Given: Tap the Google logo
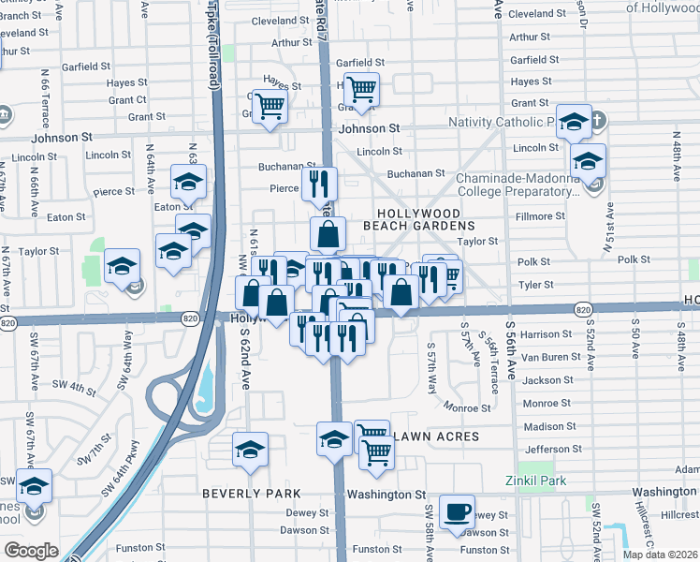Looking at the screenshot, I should (x=31, y=551).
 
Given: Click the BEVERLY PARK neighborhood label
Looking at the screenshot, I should (x=252, y=493).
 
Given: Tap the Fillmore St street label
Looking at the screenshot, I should (x=540, y=216).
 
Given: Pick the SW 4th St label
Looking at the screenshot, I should (x=74, y=385).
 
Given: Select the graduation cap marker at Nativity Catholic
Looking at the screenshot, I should (x=574, y=122).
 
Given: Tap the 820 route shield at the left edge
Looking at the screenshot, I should (x=8, y=323).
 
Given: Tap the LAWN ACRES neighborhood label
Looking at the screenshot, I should (x=437, y=436).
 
